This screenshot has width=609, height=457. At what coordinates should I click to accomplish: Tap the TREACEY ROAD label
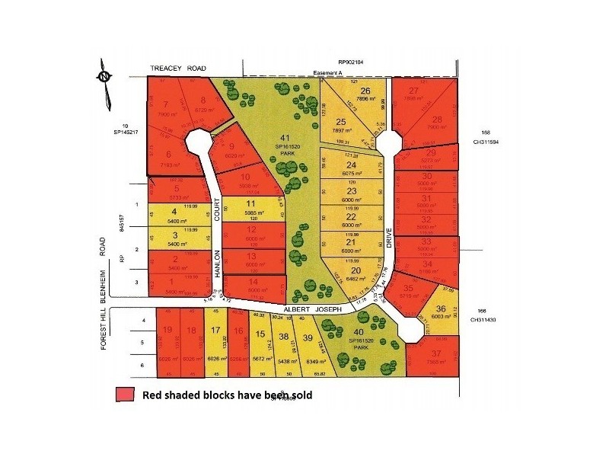click(x=178, y=69)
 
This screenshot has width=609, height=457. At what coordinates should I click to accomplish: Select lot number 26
click(x=365, y=90)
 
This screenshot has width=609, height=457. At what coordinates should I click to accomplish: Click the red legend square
click(x=126, y=395)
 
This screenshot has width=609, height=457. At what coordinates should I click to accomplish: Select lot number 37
click(x=435, y=353)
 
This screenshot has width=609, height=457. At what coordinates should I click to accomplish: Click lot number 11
click(x=251, y=203)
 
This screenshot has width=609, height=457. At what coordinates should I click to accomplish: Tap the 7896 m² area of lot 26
click(x=365, y=98)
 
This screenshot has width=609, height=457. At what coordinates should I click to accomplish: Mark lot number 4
click(x=175, y=213)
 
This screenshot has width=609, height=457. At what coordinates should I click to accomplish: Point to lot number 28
click(x=437, y=119)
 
